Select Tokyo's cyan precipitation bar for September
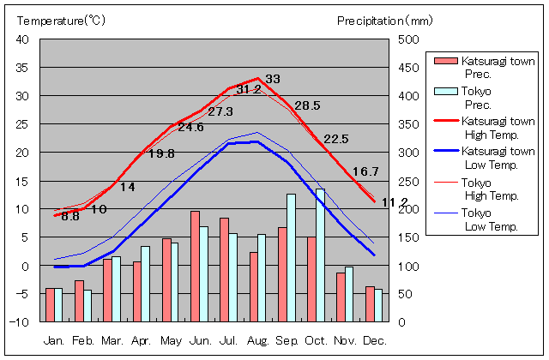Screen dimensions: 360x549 (291, 257)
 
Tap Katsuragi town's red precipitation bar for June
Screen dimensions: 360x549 (195, 266)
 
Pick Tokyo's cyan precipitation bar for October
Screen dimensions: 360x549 (320, 255)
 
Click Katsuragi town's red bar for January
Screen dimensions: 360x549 (50, 304)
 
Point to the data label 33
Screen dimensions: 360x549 (273, 79)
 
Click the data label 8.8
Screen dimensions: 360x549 (70, 217)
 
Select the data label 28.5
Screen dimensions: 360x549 (307, 105)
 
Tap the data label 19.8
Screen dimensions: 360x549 (160, 153)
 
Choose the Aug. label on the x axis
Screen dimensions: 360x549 (258, 340)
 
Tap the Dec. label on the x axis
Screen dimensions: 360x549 (375, 340)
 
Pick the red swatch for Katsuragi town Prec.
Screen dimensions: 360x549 (446, 61)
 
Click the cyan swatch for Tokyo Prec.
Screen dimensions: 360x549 (446, 92)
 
